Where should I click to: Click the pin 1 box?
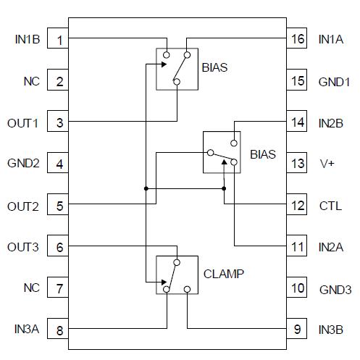click(x=59, y=39)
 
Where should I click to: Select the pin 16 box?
click(x=298, y=39)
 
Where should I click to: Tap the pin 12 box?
click(x=298, y=206)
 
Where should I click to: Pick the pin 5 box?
click(x=59, y=206)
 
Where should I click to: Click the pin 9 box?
click(x=298, y=330)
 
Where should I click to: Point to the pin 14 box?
click(x=298, y=122)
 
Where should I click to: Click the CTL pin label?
click(x=330, y=206)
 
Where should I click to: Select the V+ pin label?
click(x=327, y=164)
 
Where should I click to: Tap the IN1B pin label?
click(x=27, y=39)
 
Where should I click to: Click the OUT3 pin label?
click(x=24, y=247)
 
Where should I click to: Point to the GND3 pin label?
click(x=335, y=289)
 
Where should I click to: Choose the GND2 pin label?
click(x=23, y=164)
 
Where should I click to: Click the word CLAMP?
click(x=225, y=274)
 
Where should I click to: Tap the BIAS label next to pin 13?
click(x=262, y=154)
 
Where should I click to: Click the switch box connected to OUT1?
click(x=177, y=70)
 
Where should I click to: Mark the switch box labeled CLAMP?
click(x=177, y=275)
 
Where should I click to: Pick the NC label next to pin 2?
click(x=31, y=81)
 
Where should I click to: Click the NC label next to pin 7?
click(x=31, y=288)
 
